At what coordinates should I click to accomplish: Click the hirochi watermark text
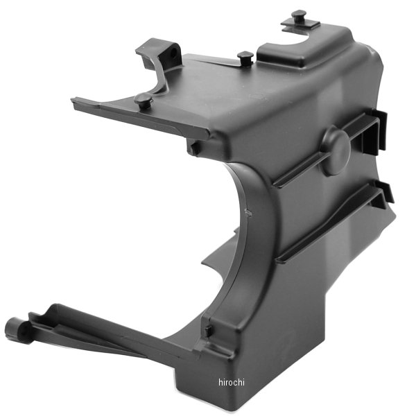[232, 382]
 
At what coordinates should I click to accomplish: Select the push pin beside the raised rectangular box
[245, 58]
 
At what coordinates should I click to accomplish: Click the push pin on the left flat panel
[143, 98]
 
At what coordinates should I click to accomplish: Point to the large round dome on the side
[334, 150]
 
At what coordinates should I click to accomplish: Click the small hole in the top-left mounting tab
[174, 51]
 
